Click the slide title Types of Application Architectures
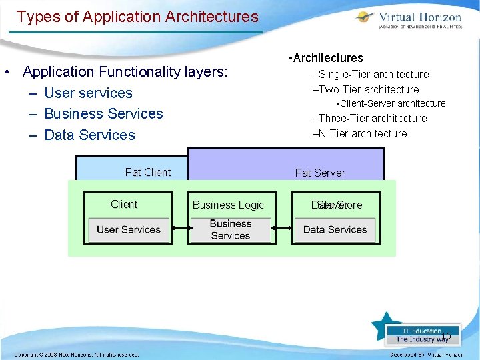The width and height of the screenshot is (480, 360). [x=137, y=16]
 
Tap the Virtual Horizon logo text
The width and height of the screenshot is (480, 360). [x=419, y=17]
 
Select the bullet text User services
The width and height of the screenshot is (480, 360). [x=88, y=93]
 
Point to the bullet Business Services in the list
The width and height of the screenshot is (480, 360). [x=103, y=113]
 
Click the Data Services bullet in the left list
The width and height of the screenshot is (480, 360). [x=89, y=135]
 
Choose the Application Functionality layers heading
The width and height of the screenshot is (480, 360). [x=125, y=71]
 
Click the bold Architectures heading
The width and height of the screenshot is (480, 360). [x=328, y=58]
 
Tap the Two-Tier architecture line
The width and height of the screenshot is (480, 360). [x=369, y=89]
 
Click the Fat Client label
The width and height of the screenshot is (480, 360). [x=147, y=172]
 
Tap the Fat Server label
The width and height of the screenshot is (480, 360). [x=320, y=173]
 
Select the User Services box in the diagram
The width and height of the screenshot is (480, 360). [x=129, y=230]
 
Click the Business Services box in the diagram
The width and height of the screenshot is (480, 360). [x=231, y=230]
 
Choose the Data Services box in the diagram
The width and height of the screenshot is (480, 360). [x=335, y=230]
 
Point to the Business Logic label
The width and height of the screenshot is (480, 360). [x=228, y=205]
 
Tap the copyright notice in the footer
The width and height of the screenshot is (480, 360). [x=77, y=355]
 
